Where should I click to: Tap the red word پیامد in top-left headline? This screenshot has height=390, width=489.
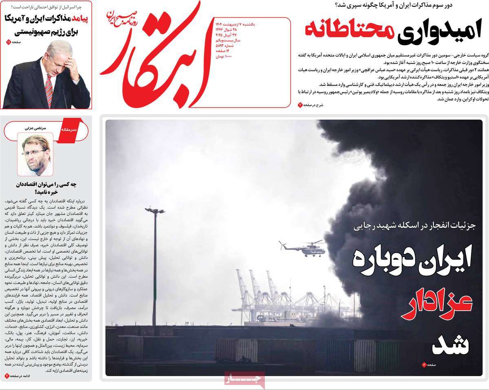[82, 19]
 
